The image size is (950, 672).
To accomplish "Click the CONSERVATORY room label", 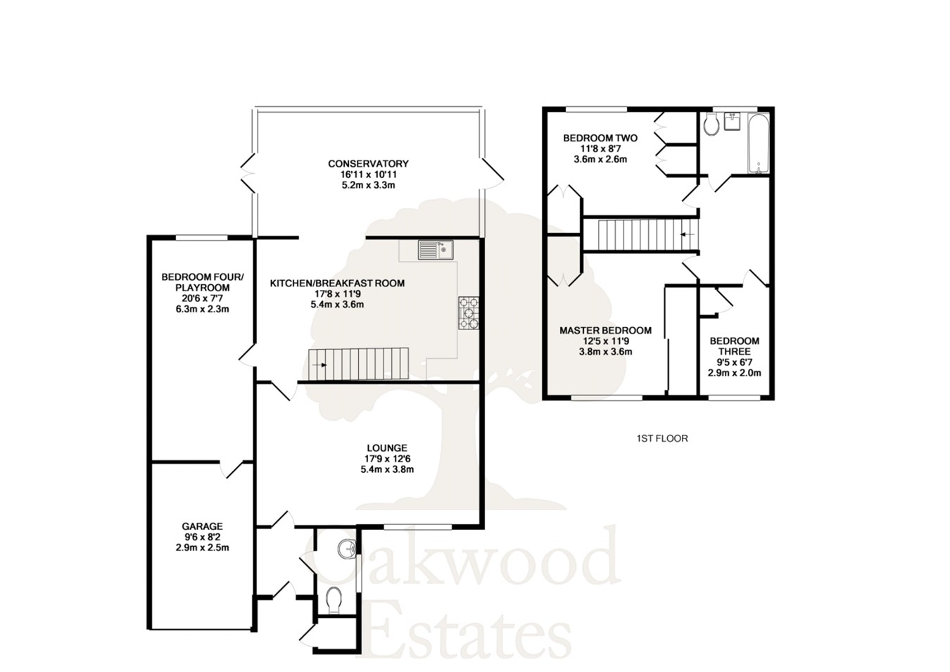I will tap(368, 164).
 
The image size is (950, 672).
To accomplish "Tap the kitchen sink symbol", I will tap(436, 249).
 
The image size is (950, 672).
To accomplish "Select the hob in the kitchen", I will tap(469, 314).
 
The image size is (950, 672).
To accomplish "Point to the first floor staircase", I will tap(640, 234).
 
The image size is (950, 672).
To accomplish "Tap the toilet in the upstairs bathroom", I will tap(711, 125).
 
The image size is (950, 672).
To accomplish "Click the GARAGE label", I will tap(202, 526).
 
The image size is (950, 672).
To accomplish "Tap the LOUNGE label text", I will tap(387, 448).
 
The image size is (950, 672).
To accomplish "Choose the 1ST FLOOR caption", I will tap(661, 438).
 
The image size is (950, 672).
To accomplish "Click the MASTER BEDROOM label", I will tap(605, 330).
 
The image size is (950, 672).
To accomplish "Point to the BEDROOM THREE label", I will tap(734, 346).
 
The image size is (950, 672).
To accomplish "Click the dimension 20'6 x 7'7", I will tap(202, 298).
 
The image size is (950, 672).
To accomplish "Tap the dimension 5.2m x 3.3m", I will tap(368, 185).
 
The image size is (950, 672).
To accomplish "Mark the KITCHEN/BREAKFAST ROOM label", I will tap(337, 284).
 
